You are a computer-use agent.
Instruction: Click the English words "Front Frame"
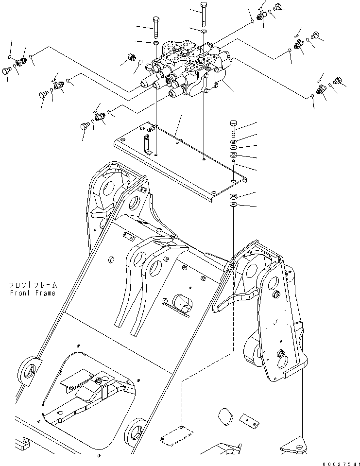point(32,293)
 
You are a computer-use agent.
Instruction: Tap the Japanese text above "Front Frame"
point(32,285)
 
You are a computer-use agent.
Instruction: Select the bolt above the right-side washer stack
point(234,127)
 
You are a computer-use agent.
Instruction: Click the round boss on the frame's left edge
point(29,370)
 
